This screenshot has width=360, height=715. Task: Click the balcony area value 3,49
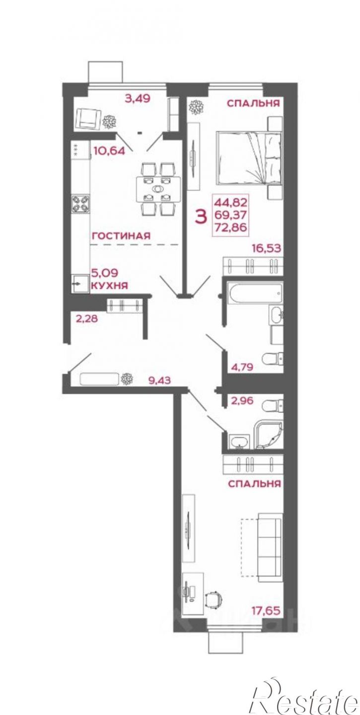[x=137, y=98]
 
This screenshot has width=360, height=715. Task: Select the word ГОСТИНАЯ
[x=121, y=236]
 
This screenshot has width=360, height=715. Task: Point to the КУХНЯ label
[x=110, y=285]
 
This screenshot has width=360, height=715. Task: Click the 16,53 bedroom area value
[x=267, y=248]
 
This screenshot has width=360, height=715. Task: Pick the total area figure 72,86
[x=231, y=228]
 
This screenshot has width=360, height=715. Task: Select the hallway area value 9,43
[x=159, y=380]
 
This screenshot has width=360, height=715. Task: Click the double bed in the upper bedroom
[x=248, y=158]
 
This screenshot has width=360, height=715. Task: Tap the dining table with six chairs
[x=156, y=189]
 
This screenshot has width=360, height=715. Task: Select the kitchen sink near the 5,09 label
[x=80, y=283]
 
